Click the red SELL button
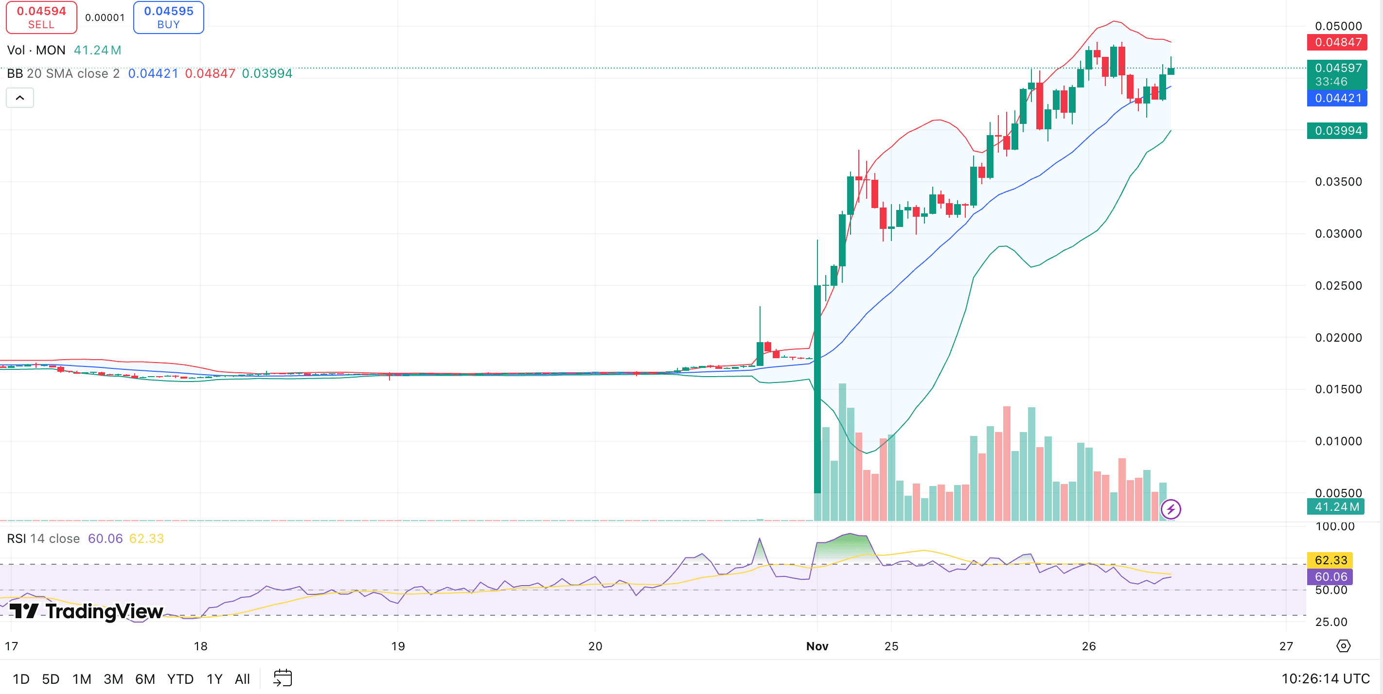tap(41, 17)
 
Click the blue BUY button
tap(169, 17)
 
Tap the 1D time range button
tap(21, 679)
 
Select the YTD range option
tap(180, 679)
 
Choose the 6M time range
tap(145, 679)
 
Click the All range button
tap(242, 679)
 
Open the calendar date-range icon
tap(283, 678)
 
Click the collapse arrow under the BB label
tap(20, 98)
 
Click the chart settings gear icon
tap(1343, 646)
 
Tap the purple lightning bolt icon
tap(1170, 509)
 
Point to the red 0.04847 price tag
tap(1337, 42)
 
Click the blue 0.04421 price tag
tap(1337, 98)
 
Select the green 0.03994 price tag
tap(1337, 130)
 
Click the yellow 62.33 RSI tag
tap(1330, 560)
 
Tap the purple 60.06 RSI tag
tap(1330, 576)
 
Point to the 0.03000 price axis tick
tap(1338, 233)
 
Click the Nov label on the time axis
tap(817, 646)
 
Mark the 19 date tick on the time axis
tap(398, 646)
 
